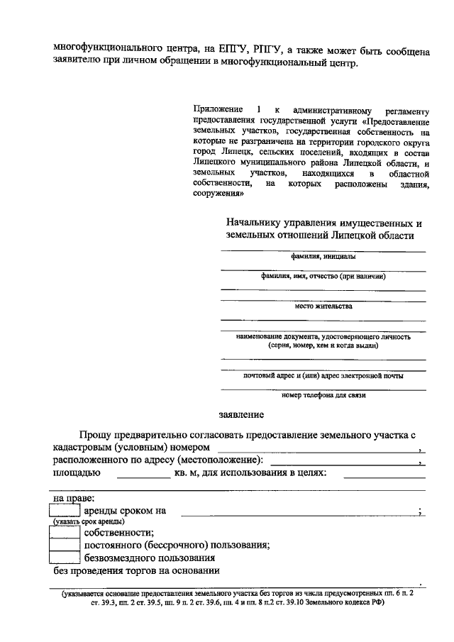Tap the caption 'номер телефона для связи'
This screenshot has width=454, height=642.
[323, 395]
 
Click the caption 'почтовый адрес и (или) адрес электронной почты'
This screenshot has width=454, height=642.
[323, 375]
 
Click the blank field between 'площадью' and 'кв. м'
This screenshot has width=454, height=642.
[143, 474]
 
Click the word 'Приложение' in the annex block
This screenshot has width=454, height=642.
[215, 109]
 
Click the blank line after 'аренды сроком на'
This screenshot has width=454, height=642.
[298, 511]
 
